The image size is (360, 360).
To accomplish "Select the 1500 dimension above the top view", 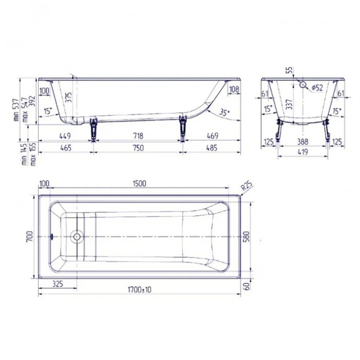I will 139,183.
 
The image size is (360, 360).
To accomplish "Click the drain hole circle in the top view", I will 77,236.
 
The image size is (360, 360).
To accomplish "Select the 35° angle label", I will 224,112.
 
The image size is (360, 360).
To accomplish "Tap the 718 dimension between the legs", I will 137,136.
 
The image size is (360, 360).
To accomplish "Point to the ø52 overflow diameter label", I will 317,88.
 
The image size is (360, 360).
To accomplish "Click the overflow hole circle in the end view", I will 303,84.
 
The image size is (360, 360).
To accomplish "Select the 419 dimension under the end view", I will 303,152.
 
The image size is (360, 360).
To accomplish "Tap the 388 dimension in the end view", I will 303,141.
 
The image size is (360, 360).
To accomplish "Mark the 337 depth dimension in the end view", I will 289,104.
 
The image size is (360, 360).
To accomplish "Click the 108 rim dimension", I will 234,90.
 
